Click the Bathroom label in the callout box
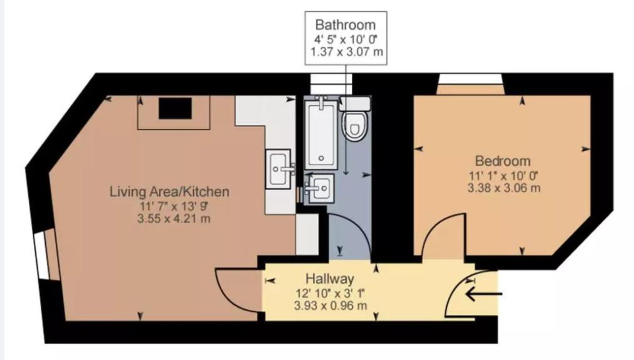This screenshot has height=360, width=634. (x=346, y=24)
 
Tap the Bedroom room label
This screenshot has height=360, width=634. (x=502, y=161)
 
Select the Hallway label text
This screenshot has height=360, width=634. (x=329, y=278)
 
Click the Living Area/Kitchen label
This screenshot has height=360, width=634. (x=169, y=191)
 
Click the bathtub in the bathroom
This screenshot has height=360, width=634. (x=321, y=135)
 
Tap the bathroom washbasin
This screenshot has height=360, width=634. (x=320, y=188)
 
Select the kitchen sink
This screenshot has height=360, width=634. (x=278, y=169)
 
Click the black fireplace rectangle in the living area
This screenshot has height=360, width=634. (x=175, y=109)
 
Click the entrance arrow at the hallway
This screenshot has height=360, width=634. (x=483, y=294)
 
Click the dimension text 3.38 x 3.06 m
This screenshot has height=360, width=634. (x=504, y=188)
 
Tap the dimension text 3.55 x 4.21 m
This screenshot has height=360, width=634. (x=174, y=220)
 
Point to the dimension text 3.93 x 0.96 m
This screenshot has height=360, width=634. (x=330, y=305)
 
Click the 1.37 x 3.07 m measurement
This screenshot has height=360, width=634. (x=347, y=52)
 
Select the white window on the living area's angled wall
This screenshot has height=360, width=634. (x=40, y=256)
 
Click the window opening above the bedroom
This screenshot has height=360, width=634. (x=470, y=79)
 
